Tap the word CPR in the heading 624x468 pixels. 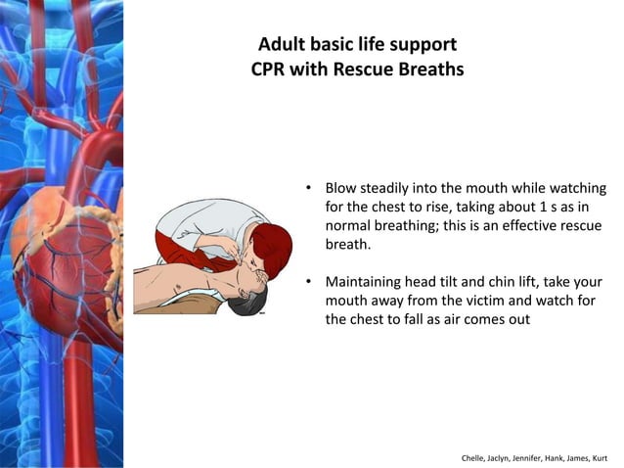270,70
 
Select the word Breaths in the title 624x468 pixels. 428,70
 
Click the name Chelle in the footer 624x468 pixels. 475,457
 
